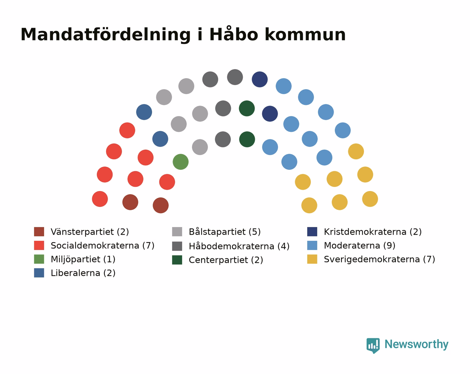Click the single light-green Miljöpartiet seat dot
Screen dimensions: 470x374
tap(181, 162)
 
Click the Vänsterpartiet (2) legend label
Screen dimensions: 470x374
tap(90, 232)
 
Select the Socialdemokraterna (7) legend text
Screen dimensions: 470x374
tap(103, 246)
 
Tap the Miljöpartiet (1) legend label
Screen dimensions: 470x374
tap(83, 259)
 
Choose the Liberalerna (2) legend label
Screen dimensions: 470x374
tap(83, 273)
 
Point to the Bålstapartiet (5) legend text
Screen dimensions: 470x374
tap(225, 232)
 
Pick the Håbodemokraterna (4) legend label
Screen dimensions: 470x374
tap(239, 246)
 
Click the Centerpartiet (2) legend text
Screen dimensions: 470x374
tap(226, 260)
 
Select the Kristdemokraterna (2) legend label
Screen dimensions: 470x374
tap(373, 232)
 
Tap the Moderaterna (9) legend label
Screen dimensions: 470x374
tap(360, 246)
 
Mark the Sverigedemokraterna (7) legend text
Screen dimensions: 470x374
tap(379, 259)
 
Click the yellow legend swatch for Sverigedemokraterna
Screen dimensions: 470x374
tap(312, 259)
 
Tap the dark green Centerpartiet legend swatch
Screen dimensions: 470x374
tap(177, 260)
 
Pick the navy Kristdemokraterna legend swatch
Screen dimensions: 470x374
tap(312, 231)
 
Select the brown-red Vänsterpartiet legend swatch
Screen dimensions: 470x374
tap(39, 231)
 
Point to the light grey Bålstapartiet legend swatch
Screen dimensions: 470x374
tap(177, 231)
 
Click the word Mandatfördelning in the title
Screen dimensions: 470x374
tap(106, 35)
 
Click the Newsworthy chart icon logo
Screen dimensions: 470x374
tap(373, 345)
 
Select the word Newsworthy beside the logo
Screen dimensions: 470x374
tap(417, 344)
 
